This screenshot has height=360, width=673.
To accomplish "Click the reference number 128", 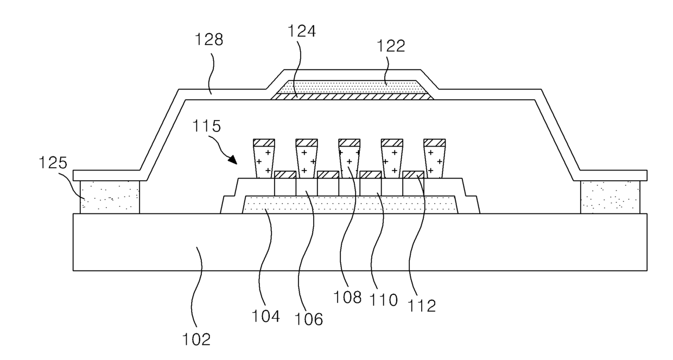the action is [209, 39].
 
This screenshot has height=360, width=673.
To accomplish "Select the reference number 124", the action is [302, 31].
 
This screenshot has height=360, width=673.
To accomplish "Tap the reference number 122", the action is [391, 46].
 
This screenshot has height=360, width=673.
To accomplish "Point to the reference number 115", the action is [206, 126].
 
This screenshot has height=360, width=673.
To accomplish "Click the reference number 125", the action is [53, 162].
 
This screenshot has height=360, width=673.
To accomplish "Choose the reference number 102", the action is [196, 339].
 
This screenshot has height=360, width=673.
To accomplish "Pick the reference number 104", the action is [265, 316].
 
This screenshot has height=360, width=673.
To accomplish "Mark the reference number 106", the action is [309, 319].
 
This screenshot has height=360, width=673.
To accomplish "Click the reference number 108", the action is [347, 297].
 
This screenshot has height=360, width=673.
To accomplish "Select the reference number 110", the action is [383, 300].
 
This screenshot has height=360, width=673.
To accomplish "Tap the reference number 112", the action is [422, 306].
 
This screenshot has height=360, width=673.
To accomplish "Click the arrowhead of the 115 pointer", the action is [232, 160].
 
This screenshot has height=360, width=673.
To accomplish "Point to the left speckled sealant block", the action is [110, 197].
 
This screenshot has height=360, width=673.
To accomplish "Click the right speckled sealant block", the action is [610, 197].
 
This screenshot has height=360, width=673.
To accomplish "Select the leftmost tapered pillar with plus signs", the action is [264, 162].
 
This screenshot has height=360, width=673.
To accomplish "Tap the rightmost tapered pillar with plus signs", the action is [434, 162].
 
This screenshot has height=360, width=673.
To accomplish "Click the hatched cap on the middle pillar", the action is [349, 142].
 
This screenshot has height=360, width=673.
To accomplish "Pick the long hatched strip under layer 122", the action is [352, 96].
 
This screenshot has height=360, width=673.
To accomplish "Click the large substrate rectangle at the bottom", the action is [360, 242].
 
